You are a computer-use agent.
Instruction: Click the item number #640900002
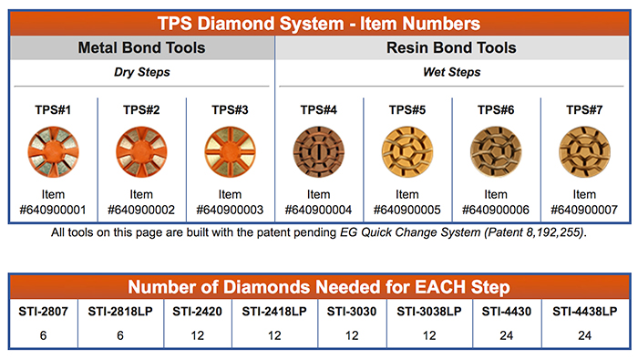tap(140, 210)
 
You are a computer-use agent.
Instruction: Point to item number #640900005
tap(408, 210)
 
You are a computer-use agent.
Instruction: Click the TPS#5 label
tap(408, 110)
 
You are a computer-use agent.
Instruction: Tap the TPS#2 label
tap(140, 110)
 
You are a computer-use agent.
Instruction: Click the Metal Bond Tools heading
tap(140, 48)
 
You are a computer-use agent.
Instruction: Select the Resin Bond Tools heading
tap(453, 48)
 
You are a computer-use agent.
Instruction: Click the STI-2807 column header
tap(40, 312)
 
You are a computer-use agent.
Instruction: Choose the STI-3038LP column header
tap(428, 312)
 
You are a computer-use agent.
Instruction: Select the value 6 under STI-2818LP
tap(118, 336)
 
